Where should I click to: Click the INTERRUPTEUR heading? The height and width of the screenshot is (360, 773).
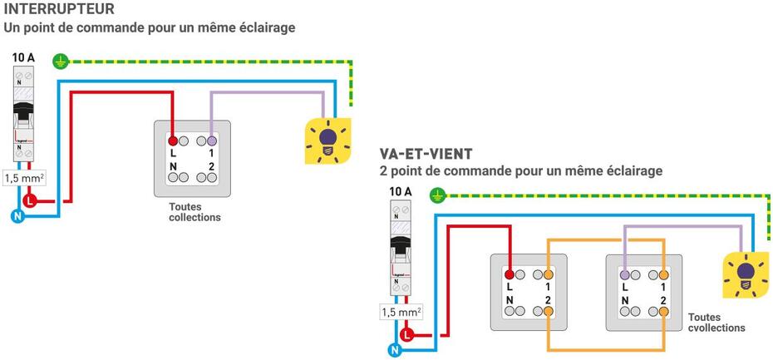click(x=59, y=9)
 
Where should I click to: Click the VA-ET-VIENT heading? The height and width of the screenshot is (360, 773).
click(x=426, y=154)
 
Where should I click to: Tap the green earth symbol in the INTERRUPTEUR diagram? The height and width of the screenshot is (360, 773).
click(x=60, y=60)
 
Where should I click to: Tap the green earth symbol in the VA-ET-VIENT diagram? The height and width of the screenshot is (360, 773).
click(x=438, y=196)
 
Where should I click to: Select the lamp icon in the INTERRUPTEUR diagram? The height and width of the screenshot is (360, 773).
click(x=328, y=140)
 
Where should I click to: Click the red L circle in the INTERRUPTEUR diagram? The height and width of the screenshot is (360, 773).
click(x=32, y=200)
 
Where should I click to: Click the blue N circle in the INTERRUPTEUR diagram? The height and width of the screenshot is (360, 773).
click(x=17, y=216)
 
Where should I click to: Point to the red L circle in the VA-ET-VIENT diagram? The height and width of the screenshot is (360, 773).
click(x=407, y=335)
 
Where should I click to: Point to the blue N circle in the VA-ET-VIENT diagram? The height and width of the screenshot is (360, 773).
click(x=395, y=350)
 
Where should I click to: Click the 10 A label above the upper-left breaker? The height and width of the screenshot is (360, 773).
click(x=23, y=57)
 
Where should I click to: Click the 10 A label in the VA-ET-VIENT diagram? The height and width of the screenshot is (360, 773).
click(x=401, y=192)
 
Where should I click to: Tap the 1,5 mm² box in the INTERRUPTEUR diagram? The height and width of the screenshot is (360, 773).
click(x=23, y=178)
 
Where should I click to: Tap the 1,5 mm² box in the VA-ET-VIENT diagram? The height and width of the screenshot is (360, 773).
click(x=401, y=313)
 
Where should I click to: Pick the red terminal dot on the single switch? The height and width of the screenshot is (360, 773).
click(x=173, y=142)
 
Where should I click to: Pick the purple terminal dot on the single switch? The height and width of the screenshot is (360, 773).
click(x=212, y=142)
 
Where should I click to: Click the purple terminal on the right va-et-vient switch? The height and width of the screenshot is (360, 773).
click(x=625, y=274)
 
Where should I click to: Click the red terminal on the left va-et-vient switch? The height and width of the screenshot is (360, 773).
click(x=509, y=274)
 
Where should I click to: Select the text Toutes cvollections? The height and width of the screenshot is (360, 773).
click(x=716, y=323)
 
